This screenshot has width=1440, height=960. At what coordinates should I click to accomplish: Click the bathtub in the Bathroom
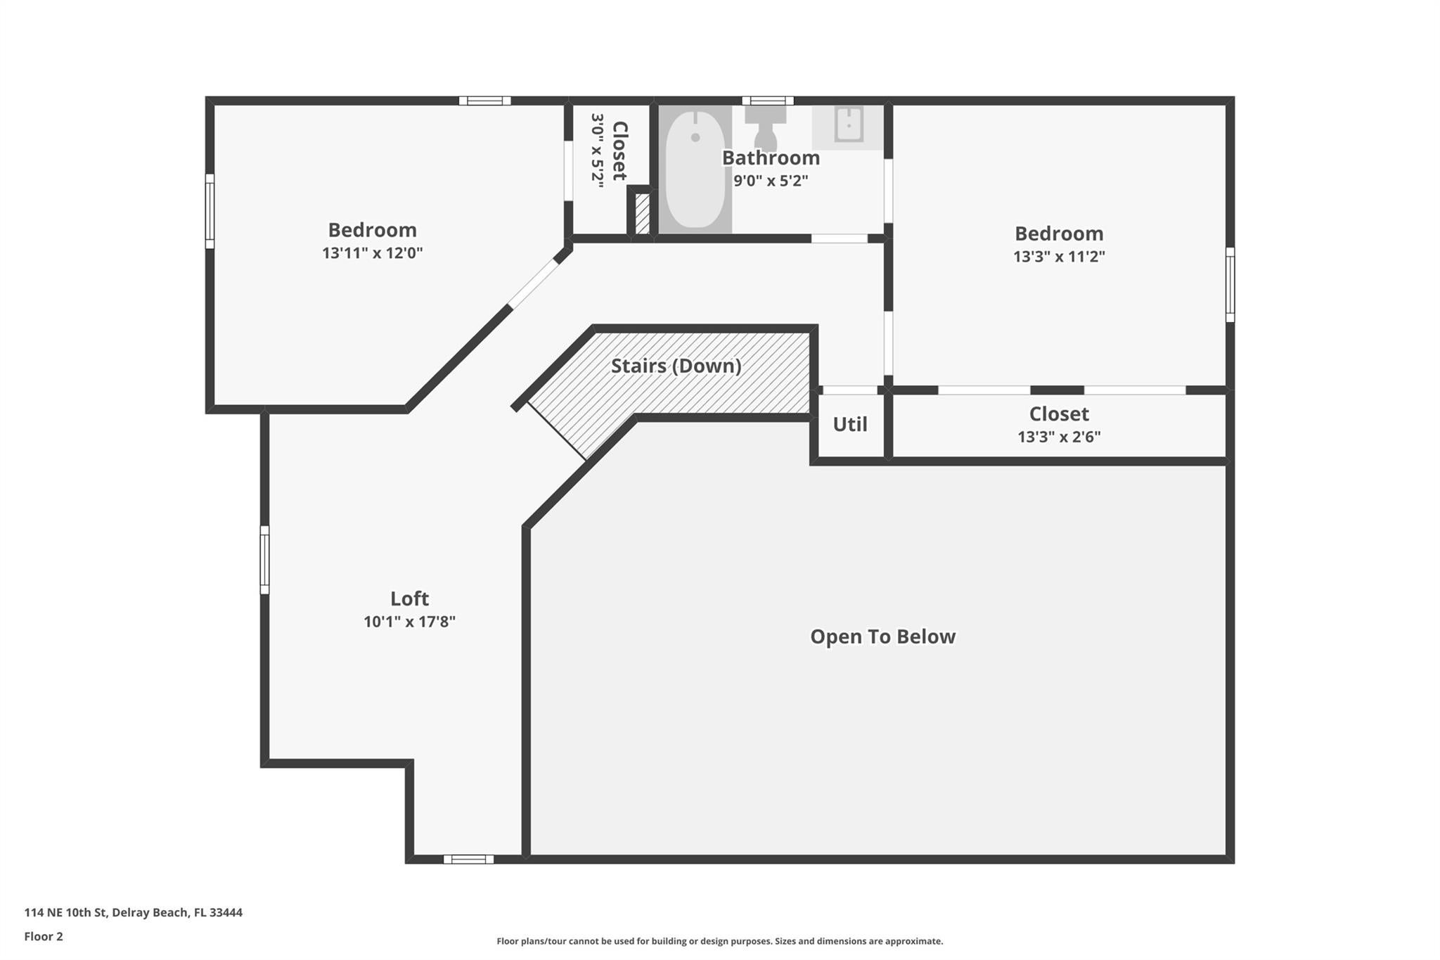point(695,169)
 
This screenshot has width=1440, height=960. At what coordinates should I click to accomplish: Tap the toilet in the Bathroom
point(765,127)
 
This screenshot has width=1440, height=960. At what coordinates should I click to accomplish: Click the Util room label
point(849,424)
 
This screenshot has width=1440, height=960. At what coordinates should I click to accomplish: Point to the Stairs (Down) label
point(676,366)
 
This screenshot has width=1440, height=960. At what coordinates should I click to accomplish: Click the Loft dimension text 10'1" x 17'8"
point(409,622)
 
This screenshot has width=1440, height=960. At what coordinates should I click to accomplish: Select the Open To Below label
point(882,636)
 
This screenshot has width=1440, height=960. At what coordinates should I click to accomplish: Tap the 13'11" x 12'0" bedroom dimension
point(372,253)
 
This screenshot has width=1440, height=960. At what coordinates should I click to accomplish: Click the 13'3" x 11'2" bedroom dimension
point(1058,257)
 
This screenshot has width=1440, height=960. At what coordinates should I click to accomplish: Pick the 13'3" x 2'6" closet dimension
point(1058,437)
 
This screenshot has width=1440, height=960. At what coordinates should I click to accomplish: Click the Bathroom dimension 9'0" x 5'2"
point(771,181)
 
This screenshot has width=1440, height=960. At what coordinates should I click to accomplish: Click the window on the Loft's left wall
point(264,560)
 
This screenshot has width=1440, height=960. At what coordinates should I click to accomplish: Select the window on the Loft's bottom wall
point(468,859)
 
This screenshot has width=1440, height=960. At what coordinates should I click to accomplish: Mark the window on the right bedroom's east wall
point(1230,284)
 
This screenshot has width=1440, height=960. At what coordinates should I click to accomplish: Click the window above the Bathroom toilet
point(768,101)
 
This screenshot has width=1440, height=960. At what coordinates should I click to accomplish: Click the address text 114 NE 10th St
point(133,912)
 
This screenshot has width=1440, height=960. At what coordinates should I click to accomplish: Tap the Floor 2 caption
point(44,936)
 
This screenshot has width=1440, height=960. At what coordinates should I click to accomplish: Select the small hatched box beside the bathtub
point(641,213)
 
